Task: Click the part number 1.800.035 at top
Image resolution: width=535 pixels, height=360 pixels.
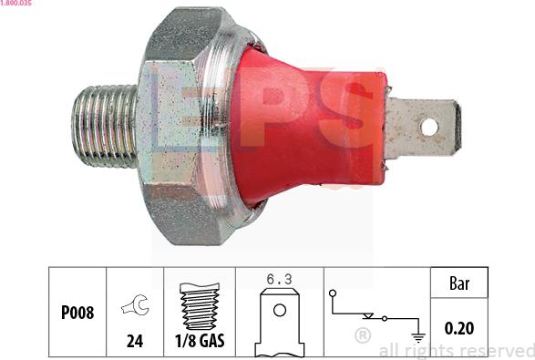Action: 16,5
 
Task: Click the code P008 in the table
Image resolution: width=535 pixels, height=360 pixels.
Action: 77,312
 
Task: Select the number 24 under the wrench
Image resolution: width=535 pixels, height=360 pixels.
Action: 135,342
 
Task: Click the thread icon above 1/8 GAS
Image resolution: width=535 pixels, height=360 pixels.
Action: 200,305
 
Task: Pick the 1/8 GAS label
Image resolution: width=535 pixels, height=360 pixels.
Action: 200,342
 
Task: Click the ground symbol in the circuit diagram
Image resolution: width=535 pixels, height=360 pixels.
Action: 417,334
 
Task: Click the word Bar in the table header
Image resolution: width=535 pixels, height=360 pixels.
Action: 460,283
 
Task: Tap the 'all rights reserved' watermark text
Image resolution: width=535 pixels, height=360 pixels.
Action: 456,351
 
